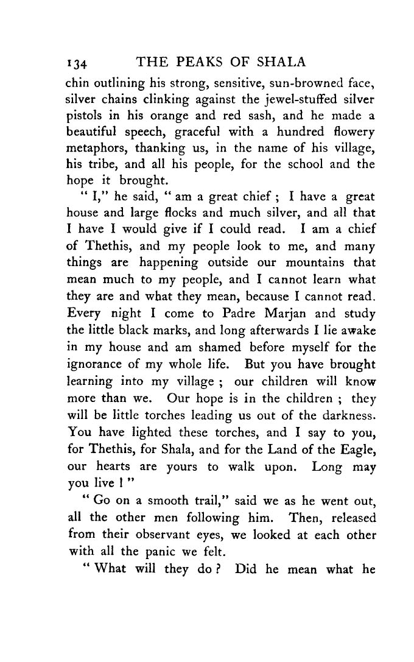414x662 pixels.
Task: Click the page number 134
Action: click(x=79, y=63)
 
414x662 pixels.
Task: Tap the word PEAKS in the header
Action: click(x=199, y=62)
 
